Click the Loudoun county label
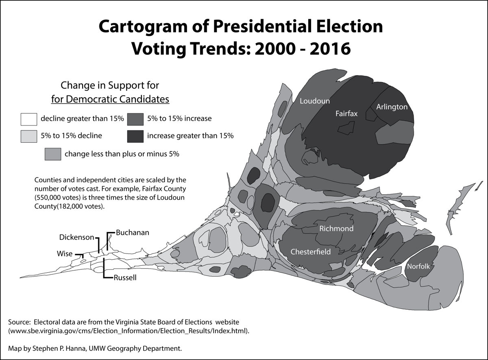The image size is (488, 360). pos(315,101)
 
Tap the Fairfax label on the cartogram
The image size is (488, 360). pos(346,113)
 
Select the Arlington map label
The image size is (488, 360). pos(392,107)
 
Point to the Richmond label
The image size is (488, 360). pos(336,228)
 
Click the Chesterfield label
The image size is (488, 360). pos(310,252)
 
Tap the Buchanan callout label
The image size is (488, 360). pos(133,233)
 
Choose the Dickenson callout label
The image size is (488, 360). pos(77,237)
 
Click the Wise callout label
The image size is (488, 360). pos(65,254)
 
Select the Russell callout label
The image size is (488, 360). pos(125,278)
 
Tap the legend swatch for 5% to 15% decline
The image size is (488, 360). pos(29,136)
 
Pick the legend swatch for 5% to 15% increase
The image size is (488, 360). pos(135,119)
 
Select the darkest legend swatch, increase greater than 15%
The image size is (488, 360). pos(135,136)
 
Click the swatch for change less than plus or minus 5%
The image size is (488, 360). pos(53,154)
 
